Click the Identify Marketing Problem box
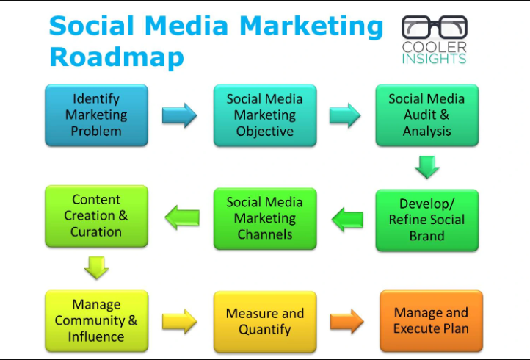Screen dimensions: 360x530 [x=96, y=115]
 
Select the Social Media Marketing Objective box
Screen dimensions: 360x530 [x=264, y=115]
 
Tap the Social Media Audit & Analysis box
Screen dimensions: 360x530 [x=426, y=115]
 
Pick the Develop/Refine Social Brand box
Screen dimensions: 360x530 [x=426, y=220]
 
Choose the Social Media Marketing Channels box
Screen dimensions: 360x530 [x=264, y=218]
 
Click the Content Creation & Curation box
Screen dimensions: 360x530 [x=96, y=216]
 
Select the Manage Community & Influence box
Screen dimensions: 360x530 [x=96, y=321]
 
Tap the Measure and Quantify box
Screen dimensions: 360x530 [x=264, y=321]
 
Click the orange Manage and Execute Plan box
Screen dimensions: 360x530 [x=431, y=321]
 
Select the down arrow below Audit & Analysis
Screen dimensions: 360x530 [x=426, y=166]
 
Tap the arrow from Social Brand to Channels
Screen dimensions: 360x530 [x=346, y=218]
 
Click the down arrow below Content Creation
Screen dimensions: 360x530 [x=96, y=267]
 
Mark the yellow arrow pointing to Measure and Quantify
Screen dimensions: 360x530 [x=180, y=321]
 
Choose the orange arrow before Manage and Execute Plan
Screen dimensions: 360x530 [x=346, y=321]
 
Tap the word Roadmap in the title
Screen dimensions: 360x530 [x=117, y=57]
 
